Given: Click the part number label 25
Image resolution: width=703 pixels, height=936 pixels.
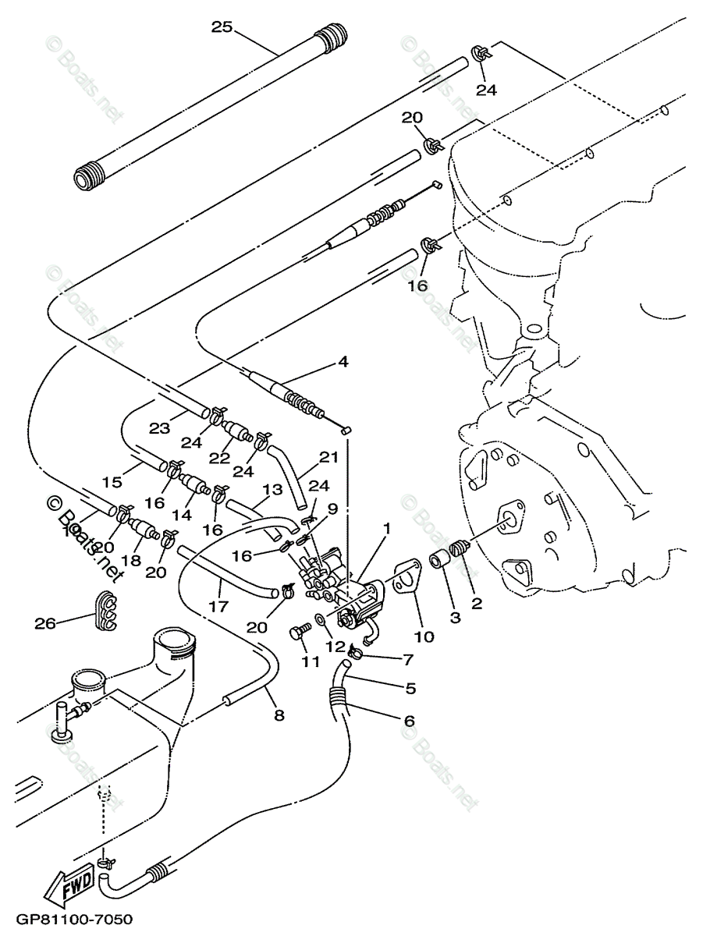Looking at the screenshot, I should tap(222, 27).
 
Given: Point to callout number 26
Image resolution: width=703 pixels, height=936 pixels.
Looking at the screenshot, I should tap(44, 622).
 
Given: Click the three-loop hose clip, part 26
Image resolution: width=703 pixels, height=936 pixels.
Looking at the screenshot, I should tap(108, 611).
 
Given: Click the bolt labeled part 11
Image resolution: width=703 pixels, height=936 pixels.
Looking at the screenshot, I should tap(297, 633).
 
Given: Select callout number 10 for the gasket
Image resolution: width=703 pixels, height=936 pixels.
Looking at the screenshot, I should tap(424, 636).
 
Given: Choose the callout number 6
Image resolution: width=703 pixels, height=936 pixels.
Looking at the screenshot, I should tap(409, 721).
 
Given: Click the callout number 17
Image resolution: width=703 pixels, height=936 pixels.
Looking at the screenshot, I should tap(219, 604).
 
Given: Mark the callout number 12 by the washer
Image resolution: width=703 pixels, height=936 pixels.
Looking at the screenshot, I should tap(334, 646).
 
